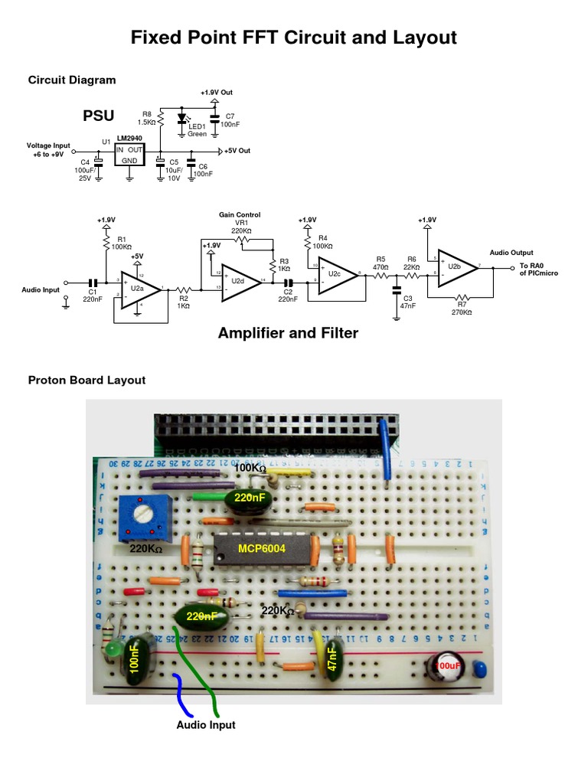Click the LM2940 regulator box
[x=129, y=154]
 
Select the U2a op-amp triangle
[x=140, y=289]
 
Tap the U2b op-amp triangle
[x=456, y=267]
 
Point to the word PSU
[x=98, y=116]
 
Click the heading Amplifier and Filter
[x=288, y=333]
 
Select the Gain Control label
[x=240, y=215]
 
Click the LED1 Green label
[x=197, y=130]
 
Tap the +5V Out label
[x=237, y=151]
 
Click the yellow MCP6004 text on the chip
[x=259, y=547]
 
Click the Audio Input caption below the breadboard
[x=206, y=724]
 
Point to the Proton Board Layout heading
[x=87, y=380]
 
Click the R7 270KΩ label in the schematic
[x=461, y=309]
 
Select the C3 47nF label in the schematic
[x=407, y=301]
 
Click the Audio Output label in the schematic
[x=511, y=253]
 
